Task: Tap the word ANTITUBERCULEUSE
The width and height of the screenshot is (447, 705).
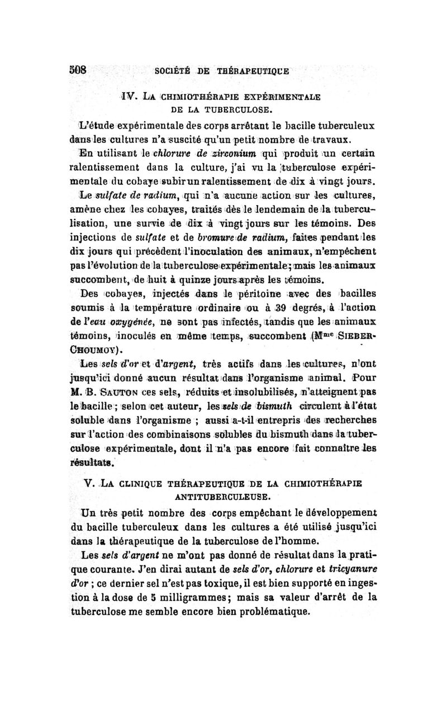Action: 232,494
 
